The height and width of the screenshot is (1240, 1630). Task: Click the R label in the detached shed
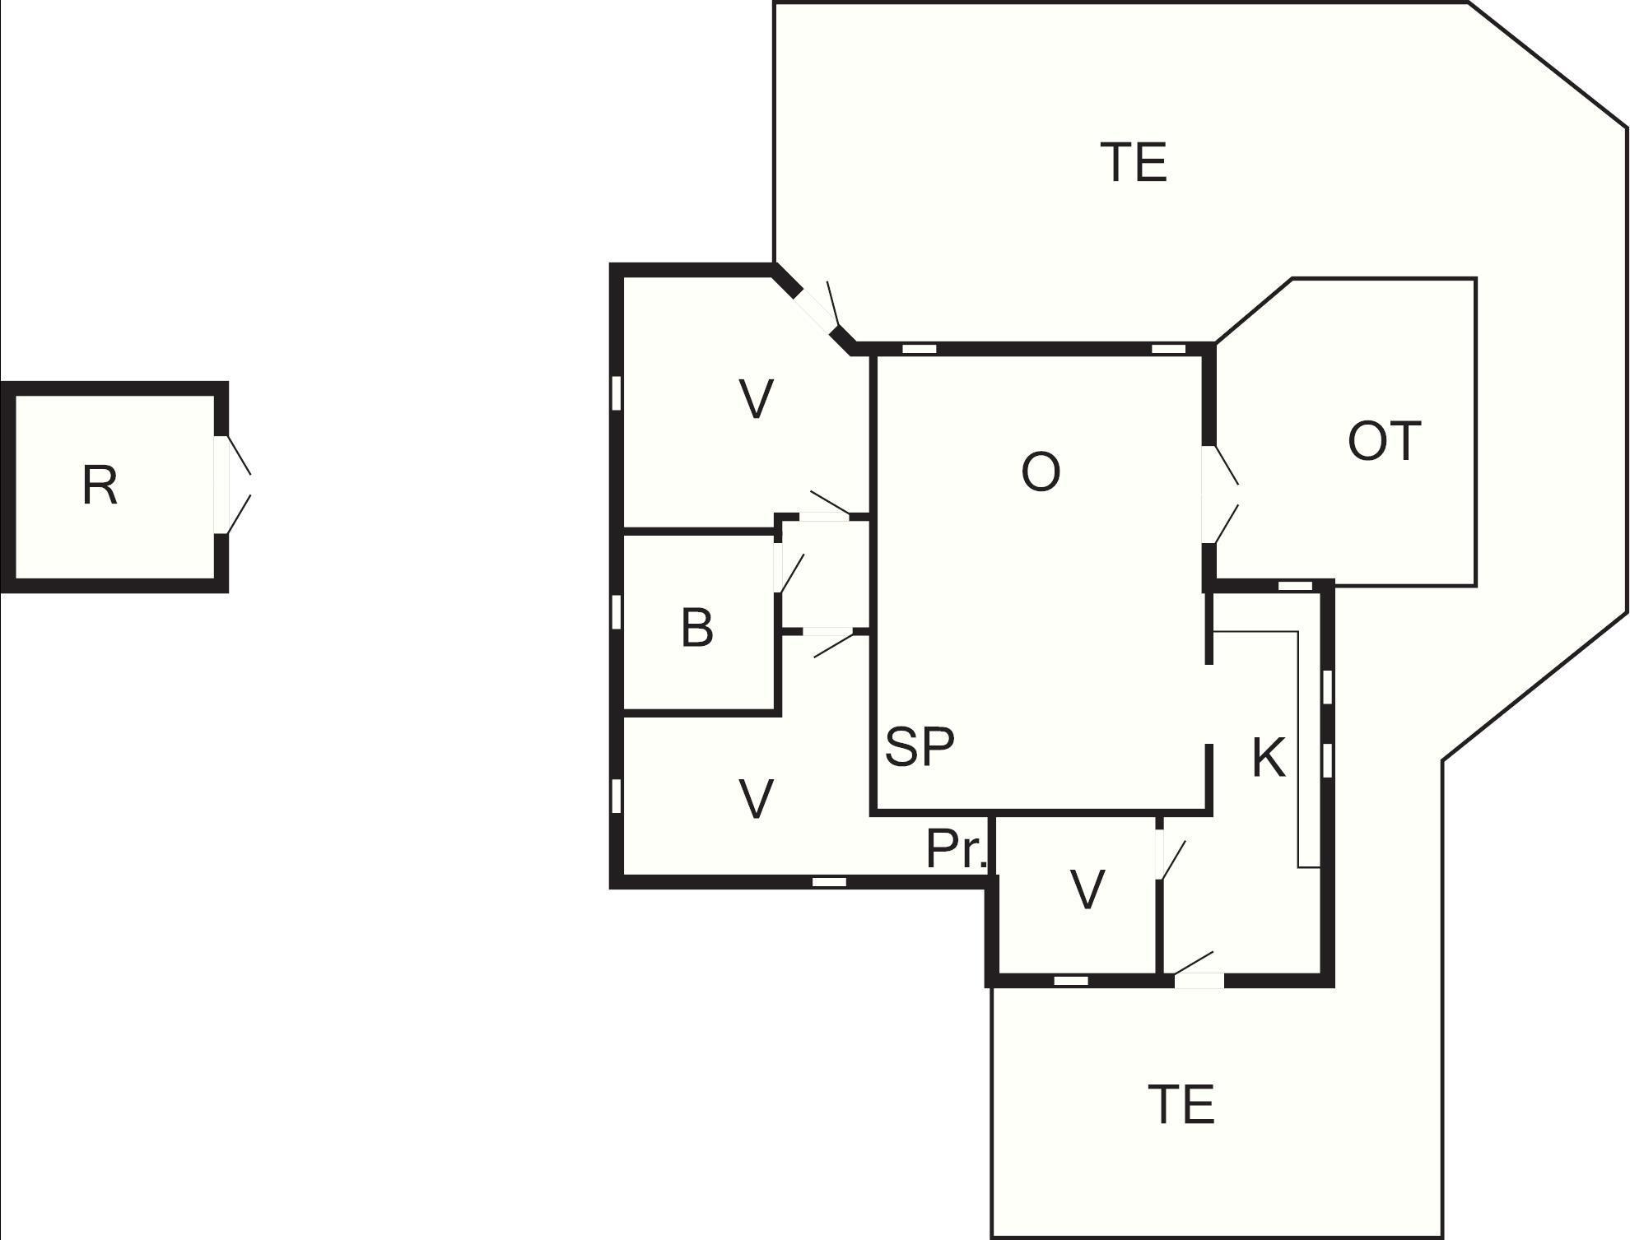coord(100,485)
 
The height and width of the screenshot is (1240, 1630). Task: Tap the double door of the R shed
coord(233,485)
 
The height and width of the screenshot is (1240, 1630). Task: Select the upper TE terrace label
coord(1134,162)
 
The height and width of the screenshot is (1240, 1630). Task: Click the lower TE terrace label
coord(1181,1104)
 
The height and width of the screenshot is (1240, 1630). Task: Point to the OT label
coord(1384,441)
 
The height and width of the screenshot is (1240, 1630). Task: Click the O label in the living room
coord(1041,472)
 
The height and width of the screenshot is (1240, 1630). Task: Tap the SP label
coord(920,746)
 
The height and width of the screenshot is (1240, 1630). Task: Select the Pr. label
coord(956,849)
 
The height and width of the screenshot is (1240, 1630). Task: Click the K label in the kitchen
coord(1269,758)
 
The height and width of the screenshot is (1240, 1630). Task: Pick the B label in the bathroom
coord(696,628)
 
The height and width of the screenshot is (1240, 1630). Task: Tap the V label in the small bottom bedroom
coord(1087,889)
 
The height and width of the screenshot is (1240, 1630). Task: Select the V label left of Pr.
coord(756,798)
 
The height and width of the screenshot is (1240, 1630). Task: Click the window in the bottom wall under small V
coord(1071,981)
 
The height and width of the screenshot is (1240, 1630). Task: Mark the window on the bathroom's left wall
coord(616,611)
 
